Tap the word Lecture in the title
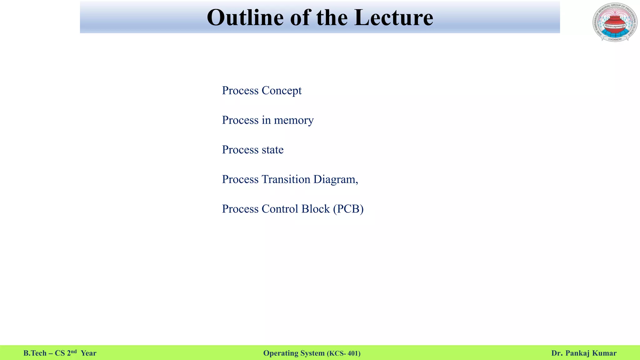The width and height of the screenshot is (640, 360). (394, 17)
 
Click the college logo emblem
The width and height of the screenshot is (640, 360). (615, 22)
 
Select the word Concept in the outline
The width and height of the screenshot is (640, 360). (282, 91)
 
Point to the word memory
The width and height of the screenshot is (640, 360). (294, 120)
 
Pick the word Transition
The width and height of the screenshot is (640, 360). (286, 179)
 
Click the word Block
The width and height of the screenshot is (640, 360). (316, 209)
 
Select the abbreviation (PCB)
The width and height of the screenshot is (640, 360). (348, 209)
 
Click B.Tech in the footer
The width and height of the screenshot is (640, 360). (35, 353)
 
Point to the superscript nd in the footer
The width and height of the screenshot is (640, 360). (74, 352)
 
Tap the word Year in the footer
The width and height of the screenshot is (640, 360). (88, 353)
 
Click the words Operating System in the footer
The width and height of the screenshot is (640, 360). (294, 353)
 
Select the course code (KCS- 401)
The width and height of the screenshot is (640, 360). (343, 353)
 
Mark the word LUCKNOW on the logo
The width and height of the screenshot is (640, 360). (615, 39)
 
